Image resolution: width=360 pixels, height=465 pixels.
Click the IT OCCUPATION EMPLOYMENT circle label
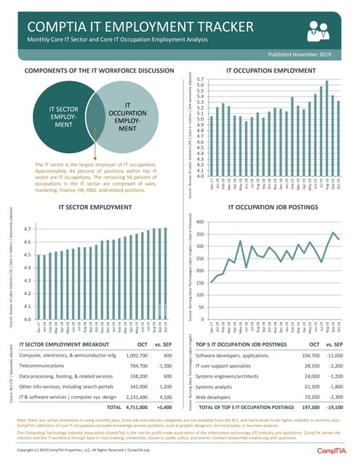coord(127,117)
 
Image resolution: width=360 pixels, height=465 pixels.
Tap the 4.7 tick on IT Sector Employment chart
coord(26,229)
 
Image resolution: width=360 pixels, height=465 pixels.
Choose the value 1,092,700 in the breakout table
coord(132,355)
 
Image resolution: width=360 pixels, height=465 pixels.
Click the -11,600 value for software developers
coord(335,355)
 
